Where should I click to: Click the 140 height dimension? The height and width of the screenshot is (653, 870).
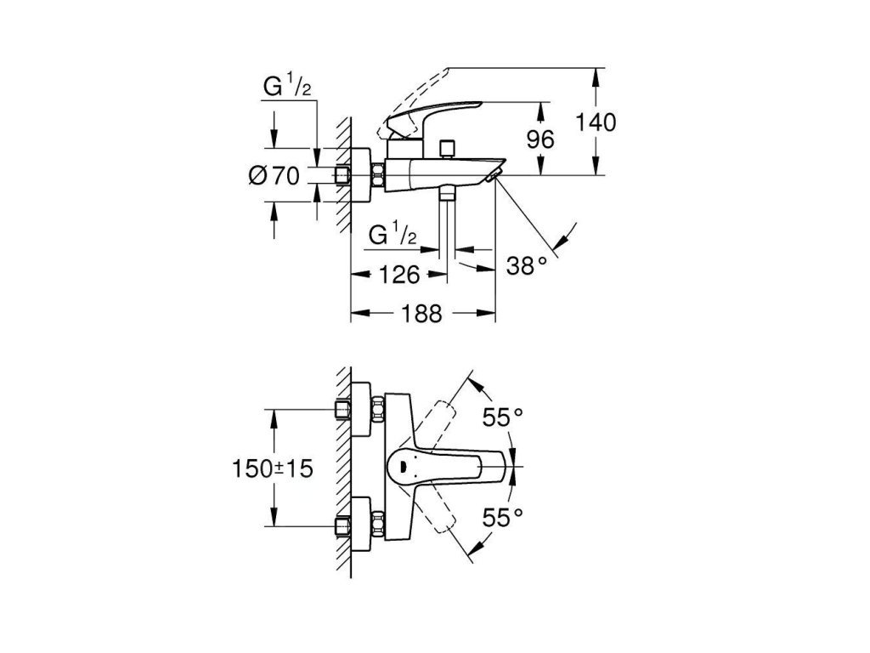tap(595, 122)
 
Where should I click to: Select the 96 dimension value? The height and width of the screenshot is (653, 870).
tap(540, 139)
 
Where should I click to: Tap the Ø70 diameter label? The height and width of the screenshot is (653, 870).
tap(274, 176)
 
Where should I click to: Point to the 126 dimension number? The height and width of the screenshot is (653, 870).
tap(399, 275)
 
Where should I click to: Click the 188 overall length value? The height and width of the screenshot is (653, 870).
tap(421, 314)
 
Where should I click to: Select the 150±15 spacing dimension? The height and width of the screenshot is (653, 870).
tap(273, 469)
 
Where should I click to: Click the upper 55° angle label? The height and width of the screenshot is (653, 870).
tap(503, 417)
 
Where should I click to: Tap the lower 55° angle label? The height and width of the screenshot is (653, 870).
tap(503, 518)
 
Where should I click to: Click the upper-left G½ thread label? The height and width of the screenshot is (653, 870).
tap(287, 88)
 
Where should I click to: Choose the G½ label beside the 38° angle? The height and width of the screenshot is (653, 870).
tap(393, 234)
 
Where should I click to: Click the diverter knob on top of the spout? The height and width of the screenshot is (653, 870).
tap(447, 149)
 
